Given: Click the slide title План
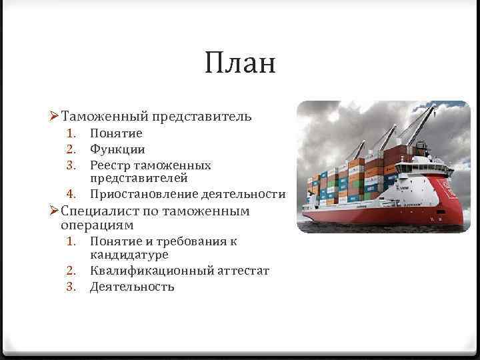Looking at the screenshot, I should [x=240, y=64].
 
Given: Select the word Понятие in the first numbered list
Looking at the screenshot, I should [x=116, y=134].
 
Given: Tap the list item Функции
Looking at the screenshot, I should [x=117, y=149].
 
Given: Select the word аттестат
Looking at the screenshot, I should [x=243, y=271].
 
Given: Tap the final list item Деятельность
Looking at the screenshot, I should [x=132, y=287].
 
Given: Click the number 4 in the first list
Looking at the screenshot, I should [x=71, y=194].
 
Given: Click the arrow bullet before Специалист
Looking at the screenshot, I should [x=55, y=211].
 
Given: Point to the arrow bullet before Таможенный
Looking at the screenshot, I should [x=55, y=117].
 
